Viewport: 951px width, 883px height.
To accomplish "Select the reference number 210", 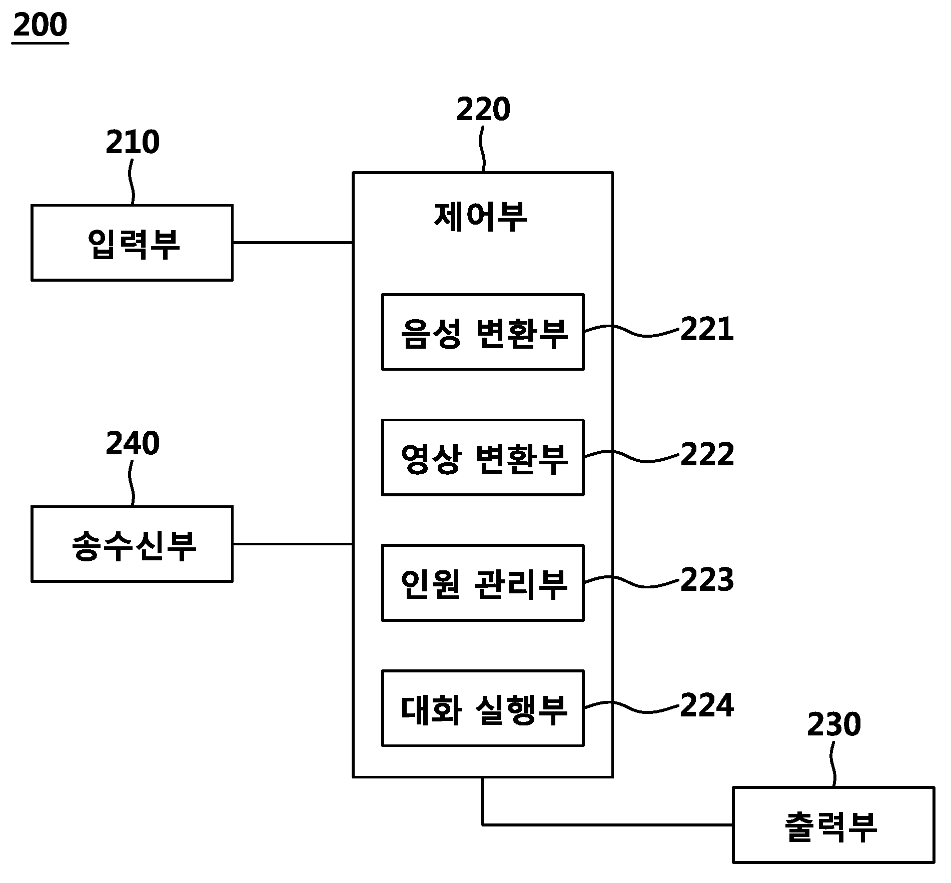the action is point(133,142).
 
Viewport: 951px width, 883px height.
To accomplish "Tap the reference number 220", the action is point(483,110).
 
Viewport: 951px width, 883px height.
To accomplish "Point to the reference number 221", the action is point(707,329).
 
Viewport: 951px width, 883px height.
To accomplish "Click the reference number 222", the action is point(707,454).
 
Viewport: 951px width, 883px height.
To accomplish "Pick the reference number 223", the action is point(707,580).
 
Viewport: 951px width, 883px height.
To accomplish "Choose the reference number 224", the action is point(707,705).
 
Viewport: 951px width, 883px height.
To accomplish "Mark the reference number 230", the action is point(834,724).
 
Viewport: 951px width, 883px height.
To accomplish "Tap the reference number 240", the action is point(133,443).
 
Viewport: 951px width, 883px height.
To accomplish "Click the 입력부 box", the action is point(132,243).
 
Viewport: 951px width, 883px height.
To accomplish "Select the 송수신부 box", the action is point(132,544).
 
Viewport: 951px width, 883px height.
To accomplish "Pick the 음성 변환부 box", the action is point(483,332).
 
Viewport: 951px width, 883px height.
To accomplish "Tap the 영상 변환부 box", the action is point(483,458).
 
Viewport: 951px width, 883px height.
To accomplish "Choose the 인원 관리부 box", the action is point(483,583).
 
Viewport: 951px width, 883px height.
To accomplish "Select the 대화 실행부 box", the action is point(483,708).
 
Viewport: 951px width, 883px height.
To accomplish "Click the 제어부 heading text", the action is point(480,217).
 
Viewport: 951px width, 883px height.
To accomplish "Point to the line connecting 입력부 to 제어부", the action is point(293,243).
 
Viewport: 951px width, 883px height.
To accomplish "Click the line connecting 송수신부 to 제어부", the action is point(293,544).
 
